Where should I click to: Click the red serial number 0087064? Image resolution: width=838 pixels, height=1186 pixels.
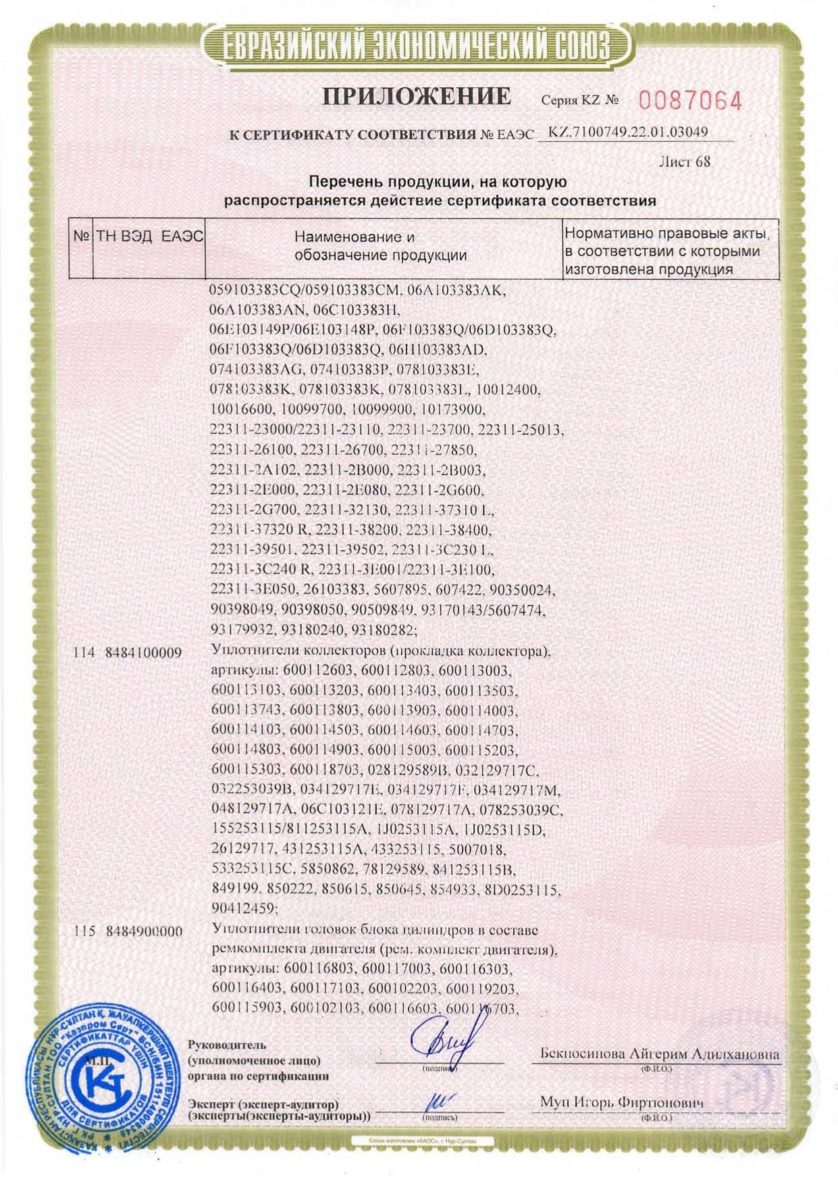coord(689,101)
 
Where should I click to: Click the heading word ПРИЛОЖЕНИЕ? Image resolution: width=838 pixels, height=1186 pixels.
coord(416,97)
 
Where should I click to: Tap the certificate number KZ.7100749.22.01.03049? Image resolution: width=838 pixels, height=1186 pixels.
coord(628,132)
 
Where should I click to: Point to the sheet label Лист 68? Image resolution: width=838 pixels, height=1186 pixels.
coord(684,162)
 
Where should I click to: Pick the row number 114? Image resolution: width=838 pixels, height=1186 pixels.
coord(84,653)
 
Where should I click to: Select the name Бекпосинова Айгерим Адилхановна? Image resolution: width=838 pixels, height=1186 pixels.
coord(659,1053)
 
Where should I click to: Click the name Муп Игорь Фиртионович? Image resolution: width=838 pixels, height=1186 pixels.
coord(621,1102)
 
